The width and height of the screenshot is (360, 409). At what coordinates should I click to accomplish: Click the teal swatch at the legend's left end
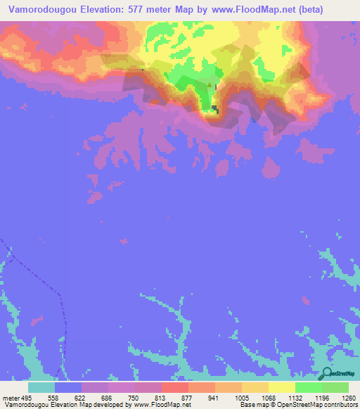[41, 387]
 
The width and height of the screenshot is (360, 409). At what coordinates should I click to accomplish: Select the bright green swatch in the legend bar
[308, 387]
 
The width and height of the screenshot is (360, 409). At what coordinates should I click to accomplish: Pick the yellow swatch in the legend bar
[281, 387]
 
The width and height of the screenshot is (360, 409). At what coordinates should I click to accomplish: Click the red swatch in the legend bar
[174, 387]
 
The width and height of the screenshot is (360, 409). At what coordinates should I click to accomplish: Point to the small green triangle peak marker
[209, 83]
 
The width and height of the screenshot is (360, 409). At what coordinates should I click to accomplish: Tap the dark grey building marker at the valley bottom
[215, 108]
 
